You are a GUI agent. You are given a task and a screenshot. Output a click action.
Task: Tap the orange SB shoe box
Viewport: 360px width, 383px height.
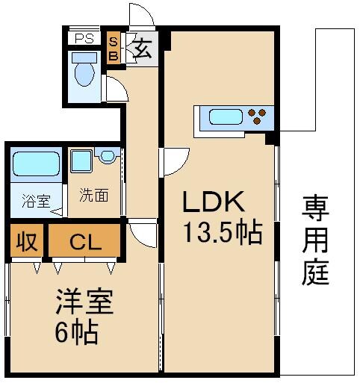114,49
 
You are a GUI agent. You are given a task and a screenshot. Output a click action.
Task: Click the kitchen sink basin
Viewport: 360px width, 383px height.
223,117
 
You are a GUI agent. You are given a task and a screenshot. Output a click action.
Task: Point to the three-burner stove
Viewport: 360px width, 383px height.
258,117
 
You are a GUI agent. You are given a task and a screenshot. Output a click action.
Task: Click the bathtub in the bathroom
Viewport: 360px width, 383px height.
36,164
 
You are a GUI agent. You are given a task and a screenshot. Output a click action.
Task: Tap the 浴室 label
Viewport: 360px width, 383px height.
35,200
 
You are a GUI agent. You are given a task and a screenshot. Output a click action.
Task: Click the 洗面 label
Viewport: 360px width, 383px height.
94,196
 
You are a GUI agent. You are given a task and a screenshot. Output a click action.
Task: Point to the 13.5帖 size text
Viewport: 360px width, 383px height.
223,233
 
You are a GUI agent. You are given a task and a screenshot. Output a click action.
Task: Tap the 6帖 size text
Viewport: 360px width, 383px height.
75,332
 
